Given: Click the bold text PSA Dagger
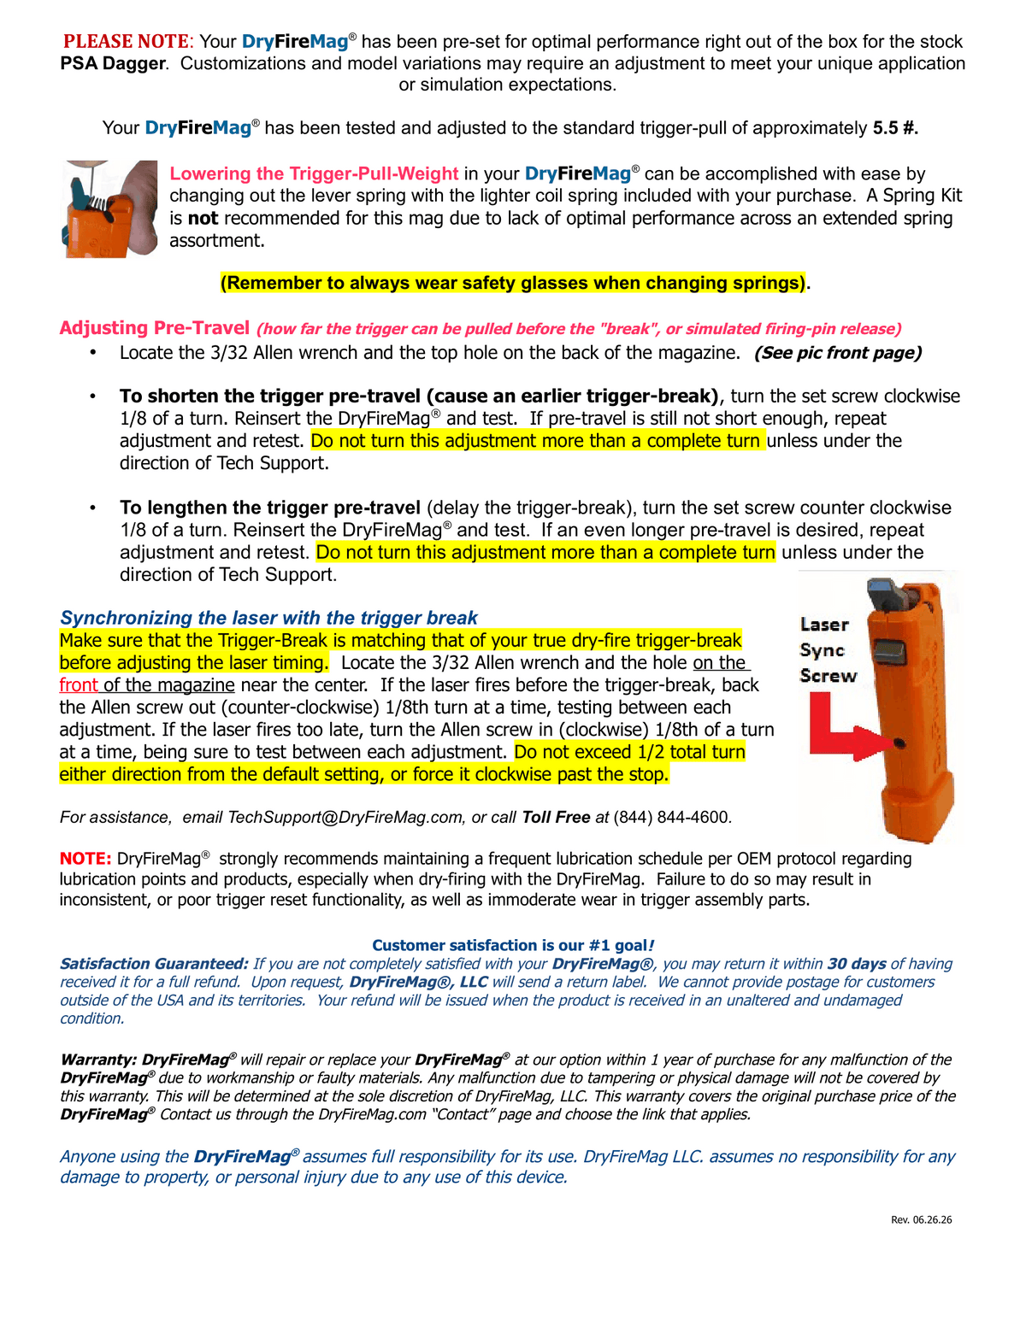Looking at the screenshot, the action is click(113, 63).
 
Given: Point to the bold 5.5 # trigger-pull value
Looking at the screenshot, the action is click(895, 127).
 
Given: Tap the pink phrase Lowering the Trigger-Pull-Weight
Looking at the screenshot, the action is click(314, 173).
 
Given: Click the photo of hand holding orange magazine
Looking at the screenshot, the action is click(109, 208).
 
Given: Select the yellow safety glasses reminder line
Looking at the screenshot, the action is click(513, 283).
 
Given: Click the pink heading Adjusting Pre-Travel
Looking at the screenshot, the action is click(155, 328).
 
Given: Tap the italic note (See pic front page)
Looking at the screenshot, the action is click(838, 353).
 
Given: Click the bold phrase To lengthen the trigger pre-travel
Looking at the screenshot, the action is click(270, 508).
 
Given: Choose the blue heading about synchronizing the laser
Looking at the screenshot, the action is click(268, 618).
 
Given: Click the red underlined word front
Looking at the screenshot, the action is click(79, 684).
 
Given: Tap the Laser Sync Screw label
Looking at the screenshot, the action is click(828, 649).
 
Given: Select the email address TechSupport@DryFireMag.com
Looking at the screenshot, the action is click(345, 817).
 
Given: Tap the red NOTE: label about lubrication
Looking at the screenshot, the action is click(85, 859).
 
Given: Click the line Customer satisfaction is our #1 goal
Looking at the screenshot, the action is click(513, 945).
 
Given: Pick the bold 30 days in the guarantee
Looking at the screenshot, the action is click(857, 964).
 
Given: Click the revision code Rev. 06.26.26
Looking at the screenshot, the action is click(921, 1219).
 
